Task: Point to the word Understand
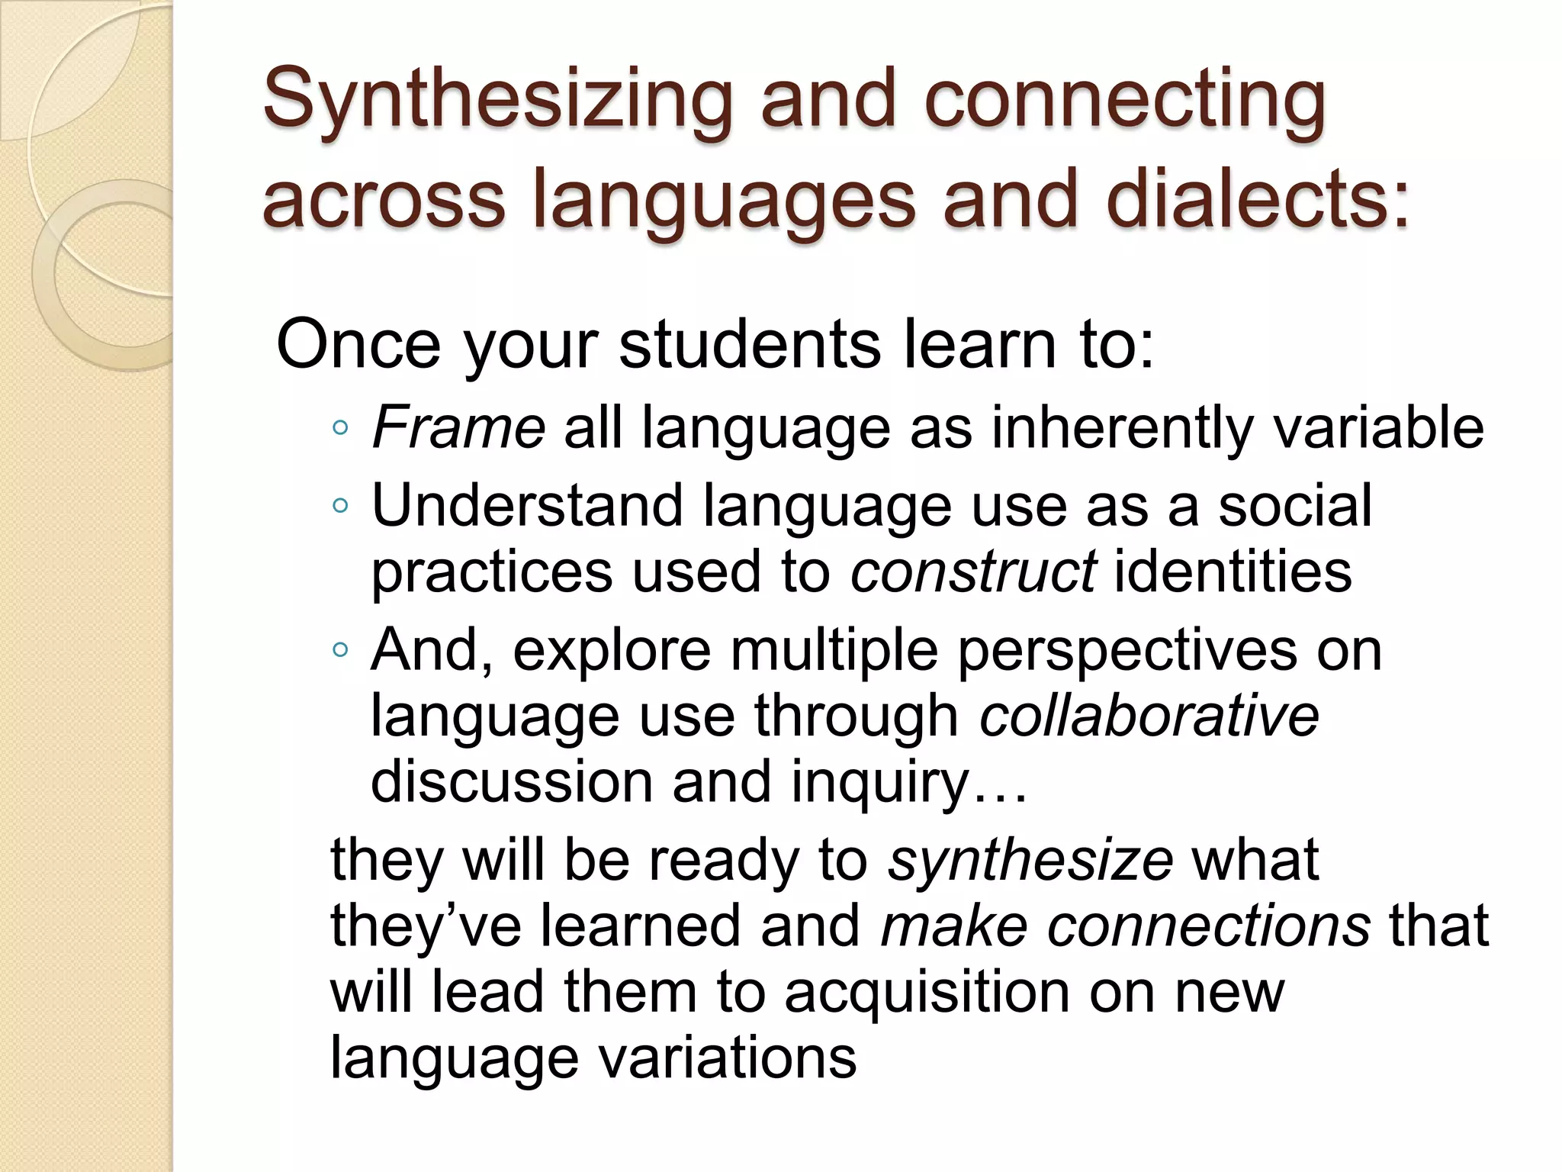pos(526,506)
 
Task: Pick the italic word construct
pos(974,572)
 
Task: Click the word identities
pos(1233,572)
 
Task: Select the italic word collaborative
pos(1149,716)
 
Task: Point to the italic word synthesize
pos(1030,860)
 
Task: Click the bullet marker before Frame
pos(340,429)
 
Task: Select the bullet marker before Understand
pos(340,506)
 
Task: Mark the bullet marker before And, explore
pos(340,651)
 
